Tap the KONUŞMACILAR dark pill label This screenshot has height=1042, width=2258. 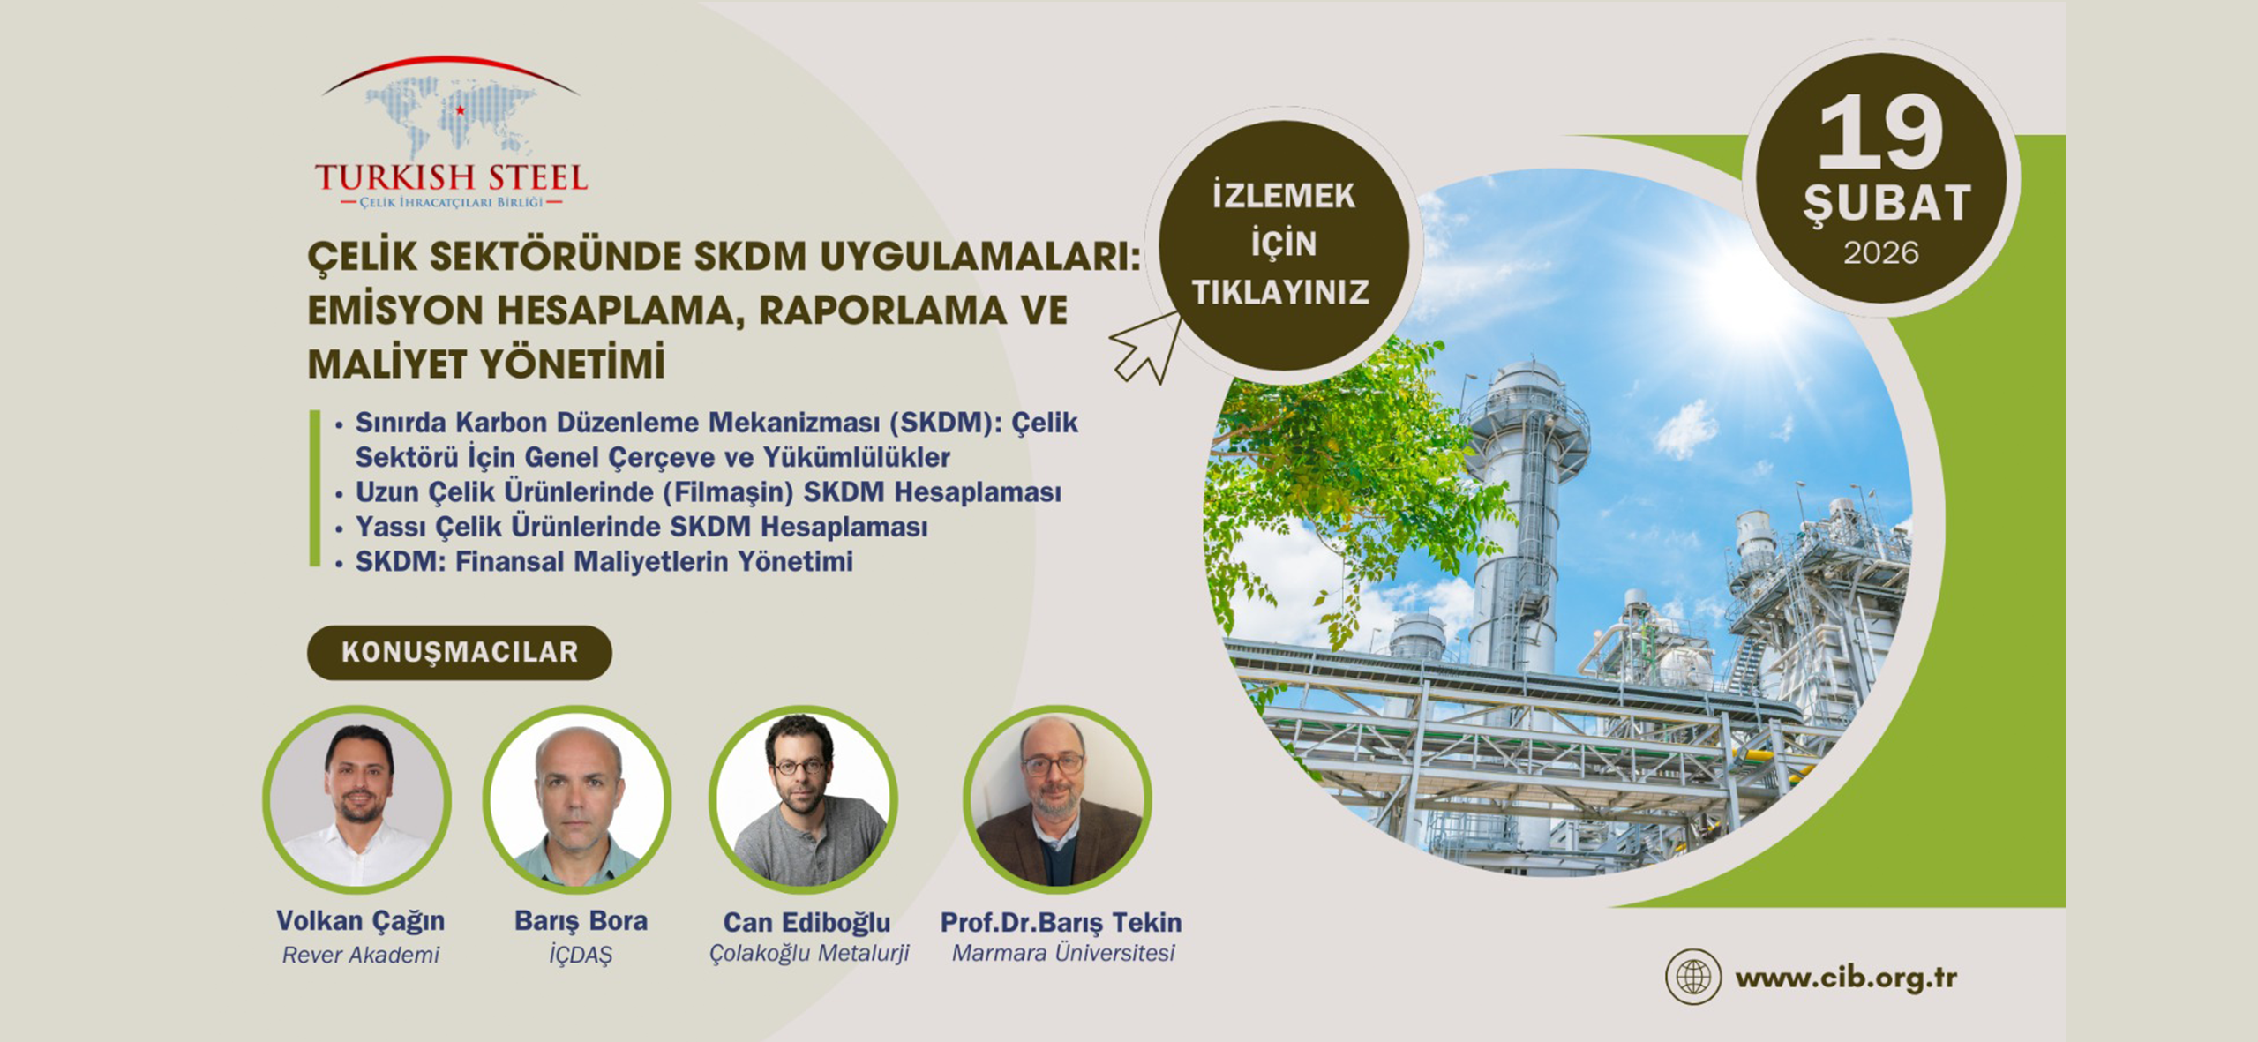coord(459,652)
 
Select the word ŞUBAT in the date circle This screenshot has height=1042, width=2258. coord(1886,203)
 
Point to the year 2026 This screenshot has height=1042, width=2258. coord(1880,253)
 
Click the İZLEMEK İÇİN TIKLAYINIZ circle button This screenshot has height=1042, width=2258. coord(1283,244)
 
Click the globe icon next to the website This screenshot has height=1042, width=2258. coord(1692,977)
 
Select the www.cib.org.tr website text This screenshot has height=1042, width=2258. coord(1846,978)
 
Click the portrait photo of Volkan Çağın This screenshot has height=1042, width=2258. coord(357,798)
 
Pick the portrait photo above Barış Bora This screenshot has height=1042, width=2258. coord(577,798)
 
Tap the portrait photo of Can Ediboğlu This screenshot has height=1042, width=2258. coord(803,798)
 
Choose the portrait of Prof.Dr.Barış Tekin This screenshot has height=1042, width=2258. coord(1057,798)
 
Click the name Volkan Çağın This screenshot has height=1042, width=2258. coord(360,921)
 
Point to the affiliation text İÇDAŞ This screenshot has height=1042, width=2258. coord(580,955)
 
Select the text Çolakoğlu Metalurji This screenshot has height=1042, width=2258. coord(809,954)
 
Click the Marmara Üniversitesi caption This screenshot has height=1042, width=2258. coord(1063,953)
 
